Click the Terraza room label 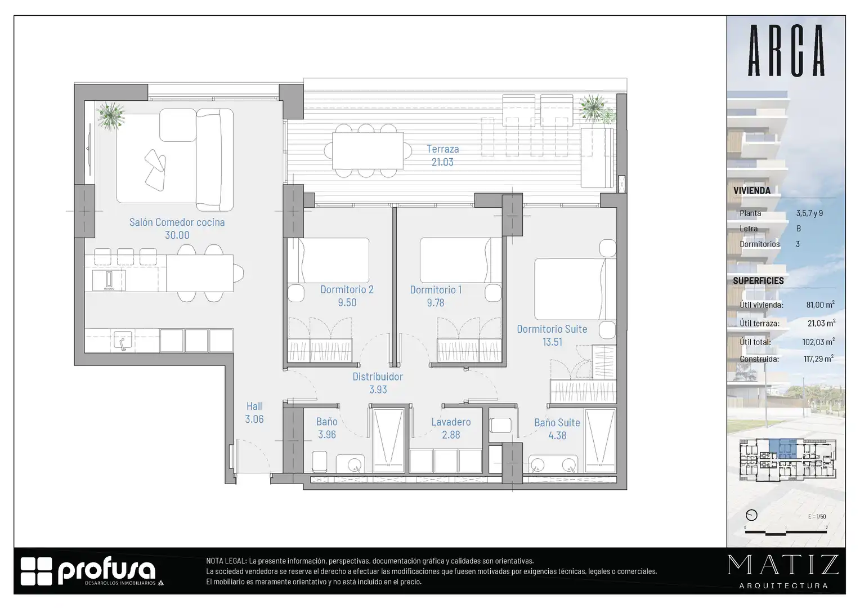[x=443, y=149]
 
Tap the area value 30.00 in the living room [x=177, y=235]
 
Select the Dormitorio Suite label [x=552, y=329]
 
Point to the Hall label [x=254, y=406]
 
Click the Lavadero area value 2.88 [x=451, y=435]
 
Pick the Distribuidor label [x=378, y=377]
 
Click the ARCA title [x=786, y=50]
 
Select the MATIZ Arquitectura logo [x=783, y=571]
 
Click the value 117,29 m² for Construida [x=818, y=359]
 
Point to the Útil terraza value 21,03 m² [x=821, y=323]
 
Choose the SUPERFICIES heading [x=758, y=281]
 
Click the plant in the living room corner [x=110, y=115]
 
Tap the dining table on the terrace [x=368, y=150]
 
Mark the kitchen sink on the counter [x=123, y=340]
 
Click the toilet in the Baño [x=320, y=461]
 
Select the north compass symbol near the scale [x=751, y=515]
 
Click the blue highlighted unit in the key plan [x=782, y=449]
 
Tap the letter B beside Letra [x=799, y=229]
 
